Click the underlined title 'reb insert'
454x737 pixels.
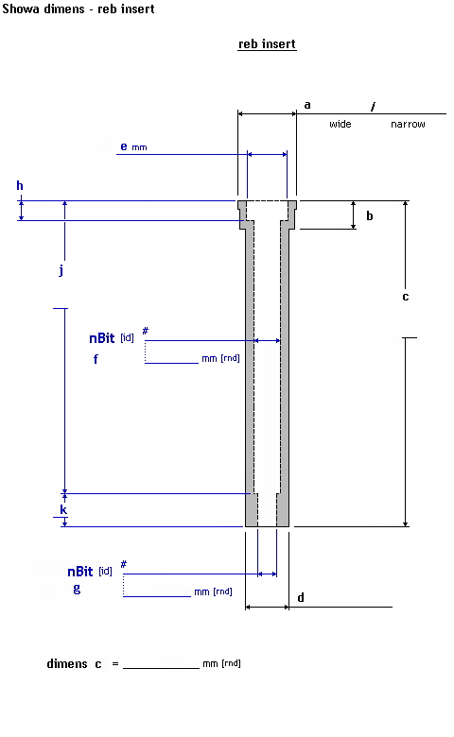point(267,44)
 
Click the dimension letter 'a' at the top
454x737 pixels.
point(307,105)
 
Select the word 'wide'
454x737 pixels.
point(340,124)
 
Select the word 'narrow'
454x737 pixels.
point(408,124)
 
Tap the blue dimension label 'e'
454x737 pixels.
point(124,146)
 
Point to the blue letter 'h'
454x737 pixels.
point(20,185)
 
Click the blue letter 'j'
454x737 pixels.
point(61,270)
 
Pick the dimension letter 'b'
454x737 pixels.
point(369,215)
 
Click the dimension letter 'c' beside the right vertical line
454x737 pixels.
point(406,297)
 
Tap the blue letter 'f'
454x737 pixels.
point(96,359)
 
